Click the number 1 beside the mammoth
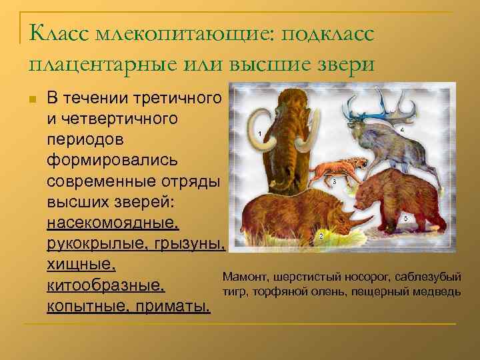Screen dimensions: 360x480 point(259,134)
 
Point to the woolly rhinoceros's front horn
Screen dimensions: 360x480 point(364,217)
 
